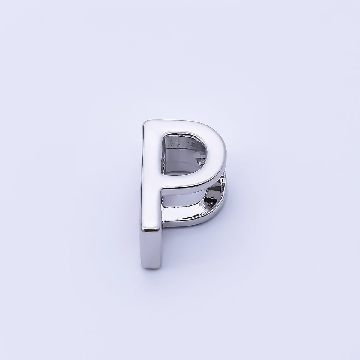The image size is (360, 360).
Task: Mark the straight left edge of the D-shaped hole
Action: tap(163, 153)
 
